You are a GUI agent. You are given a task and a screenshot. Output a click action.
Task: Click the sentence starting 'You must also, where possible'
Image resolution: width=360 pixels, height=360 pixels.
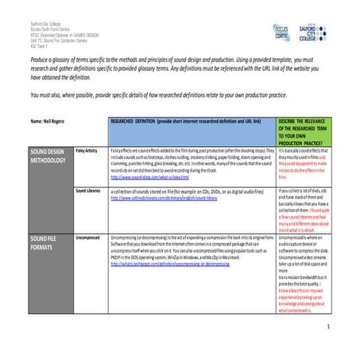click(x=175, y=93)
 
